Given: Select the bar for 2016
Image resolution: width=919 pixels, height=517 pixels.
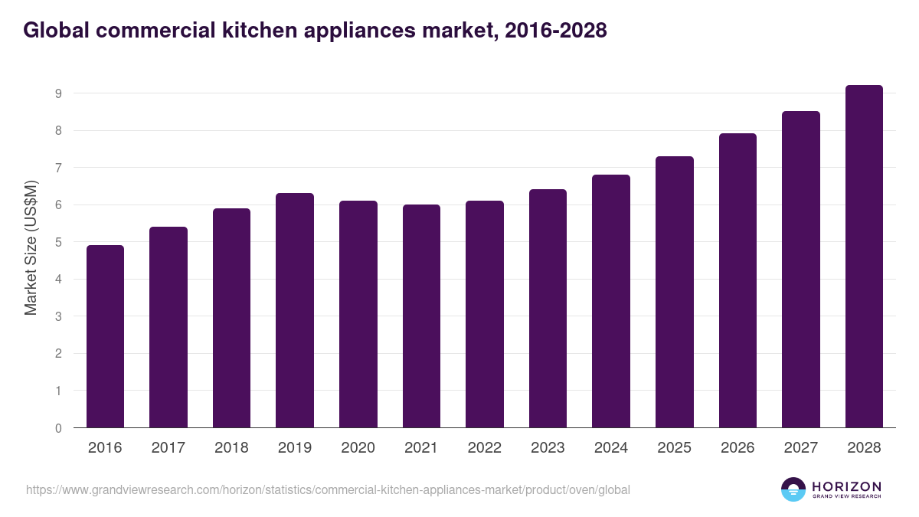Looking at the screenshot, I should (x=105, y=336).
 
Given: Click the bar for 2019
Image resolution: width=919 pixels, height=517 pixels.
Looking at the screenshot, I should (x=295, y=310).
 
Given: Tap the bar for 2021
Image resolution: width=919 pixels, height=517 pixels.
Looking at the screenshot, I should (x=421, y=316).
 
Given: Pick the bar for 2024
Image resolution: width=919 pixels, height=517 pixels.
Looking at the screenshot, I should (x=611, y=301).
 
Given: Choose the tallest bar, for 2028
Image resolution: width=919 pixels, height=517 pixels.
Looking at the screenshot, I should (x=864, y=257).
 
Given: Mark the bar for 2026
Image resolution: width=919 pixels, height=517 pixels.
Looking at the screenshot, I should (x=737, y=280).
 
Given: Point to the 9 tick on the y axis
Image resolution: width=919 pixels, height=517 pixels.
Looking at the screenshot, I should (x=57, y=93).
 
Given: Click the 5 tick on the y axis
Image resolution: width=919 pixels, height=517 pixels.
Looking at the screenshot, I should (x=57, y=242).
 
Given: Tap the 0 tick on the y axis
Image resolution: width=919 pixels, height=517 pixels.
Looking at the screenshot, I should (x=57, y=428).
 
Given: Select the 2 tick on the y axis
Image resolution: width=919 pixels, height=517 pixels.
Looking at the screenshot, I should (x=57, y=354).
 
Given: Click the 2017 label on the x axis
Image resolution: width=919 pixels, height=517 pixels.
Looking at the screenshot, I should (x=168, y=448).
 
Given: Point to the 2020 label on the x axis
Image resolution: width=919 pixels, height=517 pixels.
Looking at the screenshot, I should (x=358, y=448).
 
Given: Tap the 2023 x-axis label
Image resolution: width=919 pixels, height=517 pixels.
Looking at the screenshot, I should (x=548, y=448).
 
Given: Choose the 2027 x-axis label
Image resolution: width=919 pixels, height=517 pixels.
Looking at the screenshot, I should (x=800, y=448).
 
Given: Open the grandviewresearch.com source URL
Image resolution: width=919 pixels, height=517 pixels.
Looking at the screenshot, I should (x=328, y=489).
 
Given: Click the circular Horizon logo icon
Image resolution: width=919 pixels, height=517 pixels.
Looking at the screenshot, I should (x=793, y=489).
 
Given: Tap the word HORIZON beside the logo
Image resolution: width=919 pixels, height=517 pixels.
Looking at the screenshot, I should (x=846, y=486).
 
